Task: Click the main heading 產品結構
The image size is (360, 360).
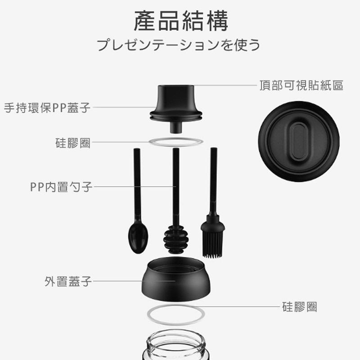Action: pos(180,22)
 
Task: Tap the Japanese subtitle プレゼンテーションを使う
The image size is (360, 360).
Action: pos(179,45)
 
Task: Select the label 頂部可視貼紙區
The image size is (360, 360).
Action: pos(301,85)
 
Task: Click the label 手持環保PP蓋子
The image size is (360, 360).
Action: pos(47,108)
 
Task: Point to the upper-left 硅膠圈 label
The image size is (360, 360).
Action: pos(73,143)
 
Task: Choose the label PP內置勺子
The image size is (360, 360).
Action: pos(61,186)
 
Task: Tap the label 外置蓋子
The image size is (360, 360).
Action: pos(68,282)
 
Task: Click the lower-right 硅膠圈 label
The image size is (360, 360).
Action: pos(300,307)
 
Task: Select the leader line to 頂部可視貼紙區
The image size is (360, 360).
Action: pos(225,85)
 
